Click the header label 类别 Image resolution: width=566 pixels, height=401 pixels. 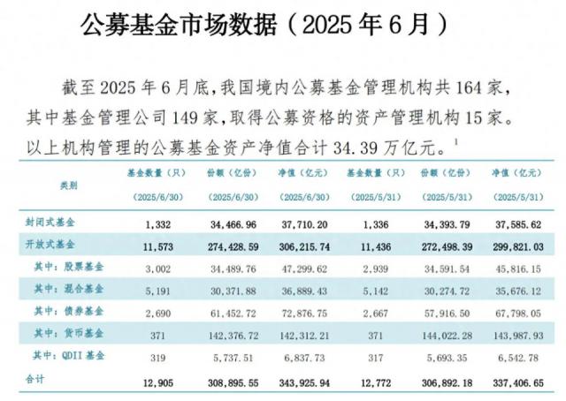pos(67,185)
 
